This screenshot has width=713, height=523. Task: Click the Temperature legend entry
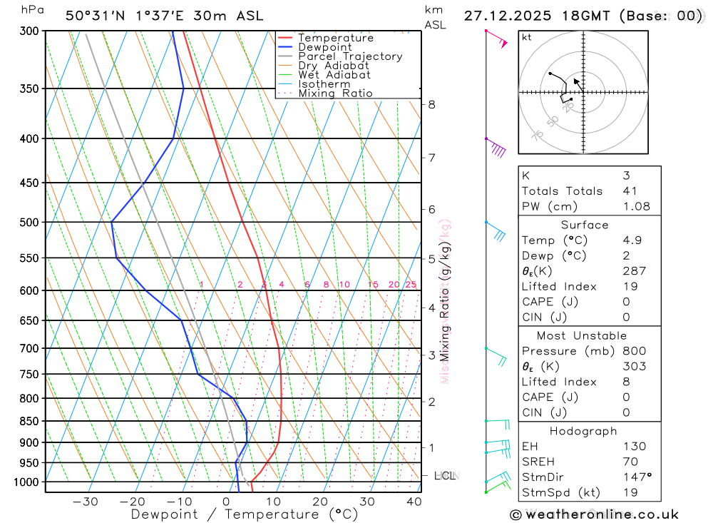tap(335, 38)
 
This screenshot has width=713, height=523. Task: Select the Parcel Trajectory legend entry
tap(350, 56)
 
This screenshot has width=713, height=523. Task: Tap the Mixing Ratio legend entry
tap(335, 93)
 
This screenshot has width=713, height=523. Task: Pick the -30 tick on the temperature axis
tap(86, 502)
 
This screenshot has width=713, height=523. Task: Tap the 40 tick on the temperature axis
tap(414, 502)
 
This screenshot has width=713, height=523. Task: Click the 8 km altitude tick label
tap(431, 104)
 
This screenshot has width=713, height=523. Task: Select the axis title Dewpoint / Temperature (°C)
tap(244, 514)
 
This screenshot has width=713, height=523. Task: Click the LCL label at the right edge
tap(445, 475)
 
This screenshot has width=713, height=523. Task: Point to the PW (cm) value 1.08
tap(636, 206)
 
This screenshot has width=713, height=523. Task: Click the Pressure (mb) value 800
tap(634, 351)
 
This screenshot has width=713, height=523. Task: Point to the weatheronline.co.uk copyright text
tap(594, 514)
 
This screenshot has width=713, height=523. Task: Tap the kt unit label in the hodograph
tap(526, 37)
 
